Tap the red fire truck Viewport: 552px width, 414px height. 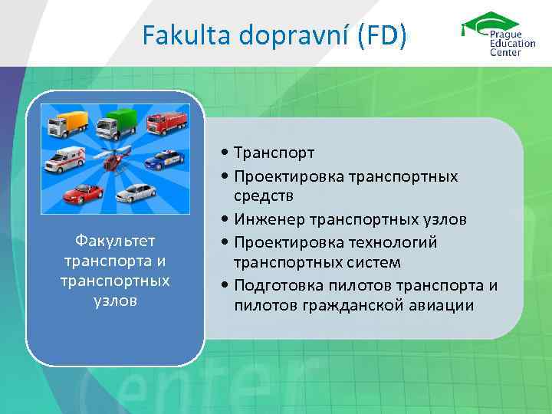pyautogui.click(x=166, y=124)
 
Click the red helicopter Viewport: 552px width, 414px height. pyautogui.click(x=117, y=161)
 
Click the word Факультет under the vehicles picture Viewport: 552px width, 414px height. pyautogui.click(x=115, y=243)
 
